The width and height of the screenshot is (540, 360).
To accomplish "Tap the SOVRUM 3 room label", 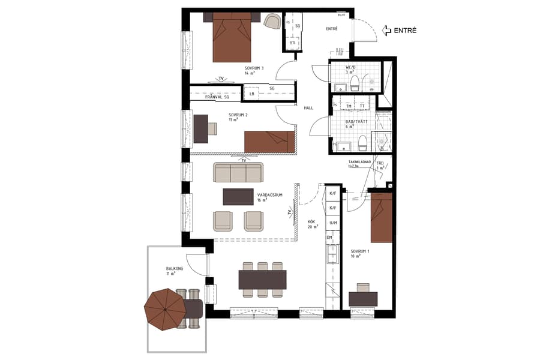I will pyautogui.click(x=254, y=68).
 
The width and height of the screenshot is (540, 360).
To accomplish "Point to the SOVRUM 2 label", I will pyautogui.click(x=238, y=115).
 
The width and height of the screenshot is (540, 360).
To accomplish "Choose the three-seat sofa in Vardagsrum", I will pyautogui.click(x=238, y=173).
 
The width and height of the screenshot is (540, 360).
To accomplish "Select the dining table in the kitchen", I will pyautogui.click(x=262, y=280).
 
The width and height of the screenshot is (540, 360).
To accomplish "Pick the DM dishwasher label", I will pyautogui.click(x=329, y=238).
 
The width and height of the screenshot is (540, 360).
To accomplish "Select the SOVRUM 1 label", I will pyautogui.click(x=359, y=251).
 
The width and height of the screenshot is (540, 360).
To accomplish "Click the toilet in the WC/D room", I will pyautogui.click(x=355, y=82).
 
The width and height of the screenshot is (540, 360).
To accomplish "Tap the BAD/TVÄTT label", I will pyautogui.click(x=356, y=121).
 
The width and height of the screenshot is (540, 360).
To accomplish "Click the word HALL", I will pyautogui.click(x=309, y=108).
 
